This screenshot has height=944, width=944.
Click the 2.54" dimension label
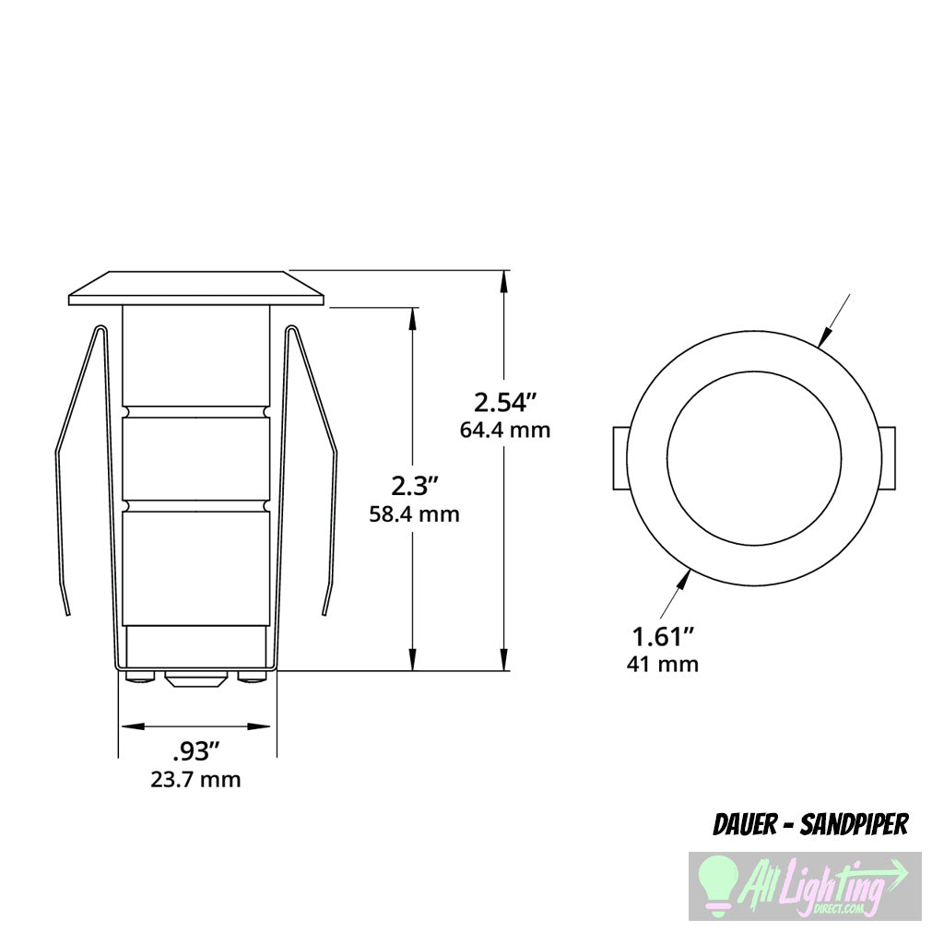(504, 402)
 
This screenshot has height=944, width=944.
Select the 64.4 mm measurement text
(504, 430)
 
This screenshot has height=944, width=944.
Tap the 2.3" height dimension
(413, 486)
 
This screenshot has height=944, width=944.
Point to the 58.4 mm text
(413, 513)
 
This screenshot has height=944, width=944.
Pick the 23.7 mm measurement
(196, 780)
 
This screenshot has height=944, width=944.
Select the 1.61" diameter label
(662, 636)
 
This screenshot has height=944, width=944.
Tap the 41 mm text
(662, 664)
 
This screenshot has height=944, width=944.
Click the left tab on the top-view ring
(620, 458)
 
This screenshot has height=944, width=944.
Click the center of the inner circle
(754, 458)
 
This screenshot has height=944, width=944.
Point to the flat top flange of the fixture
(196, 288)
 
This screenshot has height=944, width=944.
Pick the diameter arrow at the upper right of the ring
(828, 334)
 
